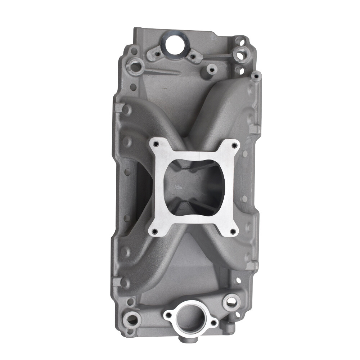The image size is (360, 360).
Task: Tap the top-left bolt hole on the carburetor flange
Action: coord(156,144)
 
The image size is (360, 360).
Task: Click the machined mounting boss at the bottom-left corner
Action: coord(134,318)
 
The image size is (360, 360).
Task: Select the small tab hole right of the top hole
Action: coord(193,56)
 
